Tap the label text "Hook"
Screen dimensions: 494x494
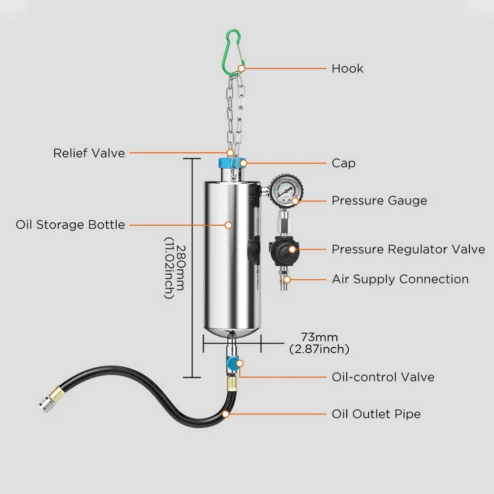[x=347, y=68]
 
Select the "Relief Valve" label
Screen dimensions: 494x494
[x=89, y=153]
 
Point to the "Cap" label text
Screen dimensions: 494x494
[x=343, y=163]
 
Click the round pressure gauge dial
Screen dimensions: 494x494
[x=286, y=190]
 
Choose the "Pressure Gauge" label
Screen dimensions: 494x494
[x=379, y=201]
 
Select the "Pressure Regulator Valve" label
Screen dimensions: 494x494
[x=408, y=249]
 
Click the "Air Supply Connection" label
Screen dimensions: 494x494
[x=400, y=279]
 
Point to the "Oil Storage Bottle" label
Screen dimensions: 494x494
[x=70, y=225]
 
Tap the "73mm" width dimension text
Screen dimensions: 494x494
[x=320, y=337]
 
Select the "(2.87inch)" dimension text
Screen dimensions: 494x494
[x=319, y=349]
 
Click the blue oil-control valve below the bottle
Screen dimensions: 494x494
[x=231, y=363]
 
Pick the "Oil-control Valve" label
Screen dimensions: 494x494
[x=383, y=377]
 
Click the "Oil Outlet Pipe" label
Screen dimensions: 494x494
[x=376, y=413]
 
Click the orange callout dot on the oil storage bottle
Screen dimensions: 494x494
[x=228, y=225]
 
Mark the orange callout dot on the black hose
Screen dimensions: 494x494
[x=226, y=413]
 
